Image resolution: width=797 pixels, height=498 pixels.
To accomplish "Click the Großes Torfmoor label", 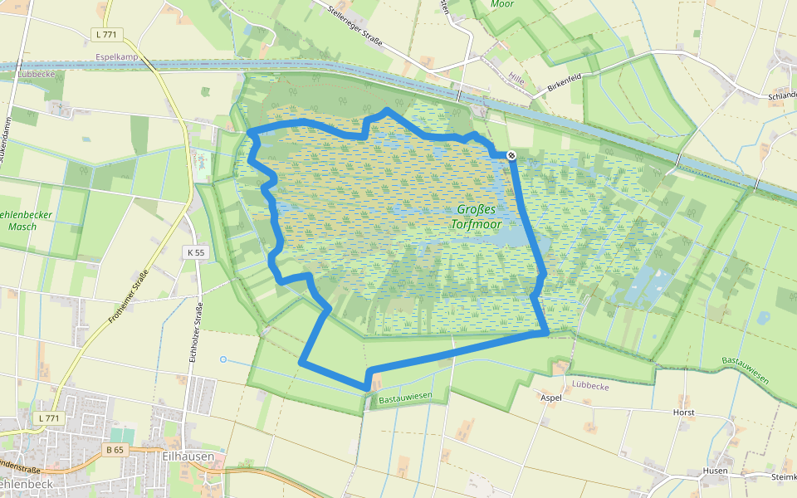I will click(476, 217).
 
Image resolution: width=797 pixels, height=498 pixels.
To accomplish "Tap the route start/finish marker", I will click(512, 154).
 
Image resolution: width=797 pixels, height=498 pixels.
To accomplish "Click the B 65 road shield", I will click(115, 449).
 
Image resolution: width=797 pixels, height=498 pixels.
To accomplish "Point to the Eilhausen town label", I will click(189, 456).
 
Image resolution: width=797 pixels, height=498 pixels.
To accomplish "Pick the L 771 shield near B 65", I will click(49, 418).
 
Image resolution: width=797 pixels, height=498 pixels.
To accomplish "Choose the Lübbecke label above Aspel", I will click(590, 387).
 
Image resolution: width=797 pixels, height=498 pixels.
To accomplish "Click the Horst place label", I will click(684, 412).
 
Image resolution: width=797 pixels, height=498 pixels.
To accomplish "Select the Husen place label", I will click(715, 471).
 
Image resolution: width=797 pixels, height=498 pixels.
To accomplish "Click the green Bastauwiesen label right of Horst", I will click(745, 370).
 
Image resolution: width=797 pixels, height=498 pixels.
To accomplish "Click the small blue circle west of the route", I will click(222, 359).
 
